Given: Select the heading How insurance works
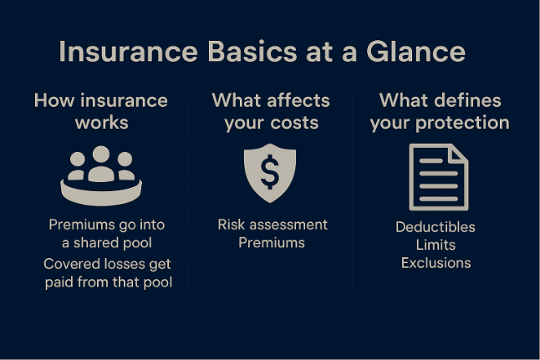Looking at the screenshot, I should pos(101,111).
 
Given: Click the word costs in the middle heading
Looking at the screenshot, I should pos(298,122).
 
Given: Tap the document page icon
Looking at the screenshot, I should pos(438,177).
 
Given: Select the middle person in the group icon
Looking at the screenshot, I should pos(101,162).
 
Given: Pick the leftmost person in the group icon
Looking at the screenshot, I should pos(78,166).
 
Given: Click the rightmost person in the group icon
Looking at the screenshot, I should pos(125,166).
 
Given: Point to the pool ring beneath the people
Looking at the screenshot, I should pos(101,194).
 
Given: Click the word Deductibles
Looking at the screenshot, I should pos(435,227).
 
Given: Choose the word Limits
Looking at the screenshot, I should pos(436,245).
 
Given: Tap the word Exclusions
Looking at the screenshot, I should pos(436,263).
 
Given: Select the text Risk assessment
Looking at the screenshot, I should pos(273,225).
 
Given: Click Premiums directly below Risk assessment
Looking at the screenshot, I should pos(272,243).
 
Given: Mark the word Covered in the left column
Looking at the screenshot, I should pos(70,264).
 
